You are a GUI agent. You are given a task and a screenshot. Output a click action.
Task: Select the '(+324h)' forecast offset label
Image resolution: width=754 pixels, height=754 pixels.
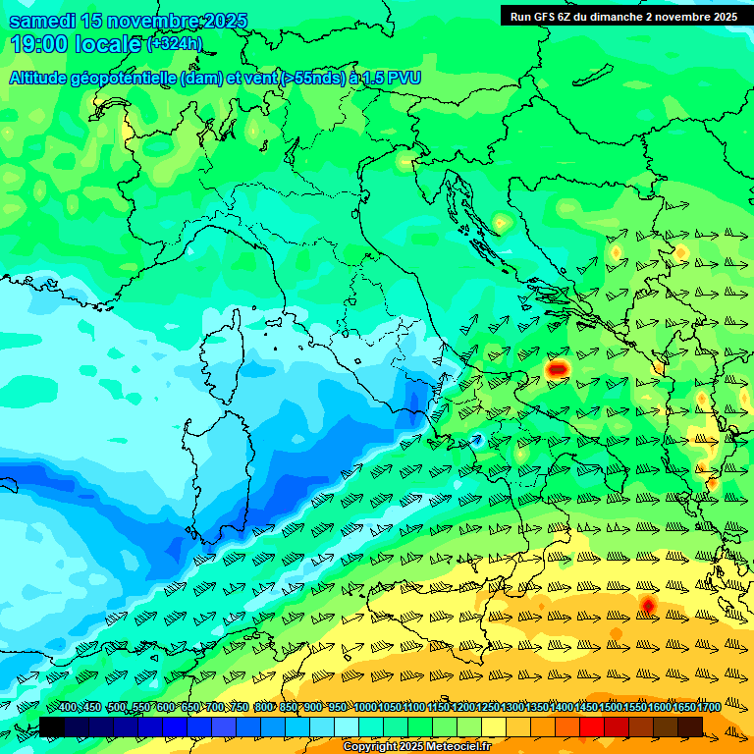pos(174,44)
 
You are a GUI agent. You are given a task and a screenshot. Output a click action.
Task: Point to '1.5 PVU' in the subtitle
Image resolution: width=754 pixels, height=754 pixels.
pos(386,78)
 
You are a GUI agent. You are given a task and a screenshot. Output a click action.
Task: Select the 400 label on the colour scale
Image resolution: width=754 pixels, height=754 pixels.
pos(68,707)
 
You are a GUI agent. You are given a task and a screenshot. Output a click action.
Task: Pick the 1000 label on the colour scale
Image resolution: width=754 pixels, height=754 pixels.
pos(364,707)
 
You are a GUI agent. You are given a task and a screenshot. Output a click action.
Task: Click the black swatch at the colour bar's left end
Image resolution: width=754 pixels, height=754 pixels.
pos(51,727)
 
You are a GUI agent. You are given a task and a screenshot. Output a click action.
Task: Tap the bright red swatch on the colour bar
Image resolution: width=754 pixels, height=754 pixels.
pos(592,727)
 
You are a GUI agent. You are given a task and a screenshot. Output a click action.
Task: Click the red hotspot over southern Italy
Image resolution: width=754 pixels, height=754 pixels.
pos(558,368)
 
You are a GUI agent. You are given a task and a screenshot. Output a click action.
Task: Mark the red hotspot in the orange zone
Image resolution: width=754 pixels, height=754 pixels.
pos(647,605)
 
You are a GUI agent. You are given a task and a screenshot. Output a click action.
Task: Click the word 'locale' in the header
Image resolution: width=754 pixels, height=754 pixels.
pos(111,44)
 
